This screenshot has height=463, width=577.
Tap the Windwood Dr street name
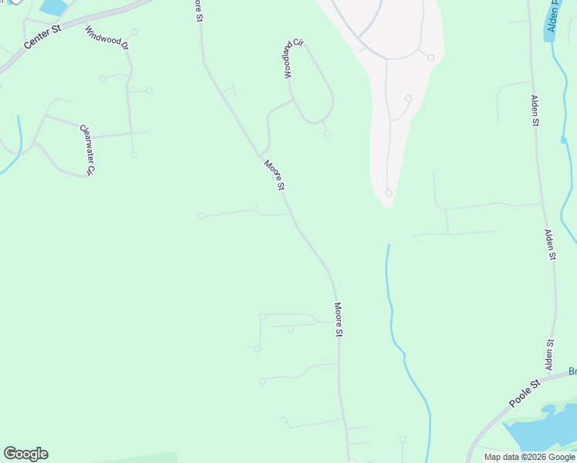[106, 35]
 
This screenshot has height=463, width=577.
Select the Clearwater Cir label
[86, 150]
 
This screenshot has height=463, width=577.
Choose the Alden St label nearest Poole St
[550, 355]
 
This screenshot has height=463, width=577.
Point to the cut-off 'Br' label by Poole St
[572, 371]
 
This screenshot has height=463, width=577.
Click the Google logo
[25, 454]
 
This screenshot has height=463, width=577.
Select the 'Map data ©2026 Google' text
[529, 457]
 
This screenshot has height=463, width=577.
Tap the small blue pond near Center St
[53, 7]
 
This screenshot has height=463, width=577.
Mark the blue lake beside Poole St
[540, 428]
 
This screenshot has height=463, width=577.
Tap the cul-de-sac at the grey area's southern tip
[389, 193]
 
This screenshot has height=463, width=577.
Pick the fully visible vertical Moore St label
[338, 319]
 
